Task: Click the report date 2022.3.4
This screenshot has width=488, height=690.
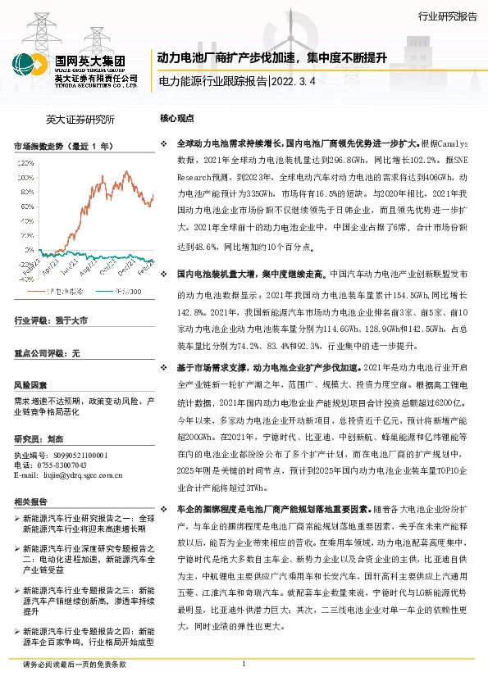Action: click(x=291, y=82)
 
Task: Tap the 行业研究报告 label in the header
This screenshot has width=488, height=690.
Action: click(x=446, y=16)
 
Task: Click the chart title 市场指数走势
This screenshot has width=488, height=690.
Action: click(x=62, y=146)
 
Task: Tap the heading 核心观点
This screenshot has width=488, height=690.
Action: click(x=177, y=118)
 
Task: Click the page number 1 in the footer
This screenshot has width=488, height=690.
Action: click(x=244, y=665)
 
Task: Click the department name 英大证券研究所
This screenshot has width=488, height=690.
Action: click(x=80, y=119)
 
